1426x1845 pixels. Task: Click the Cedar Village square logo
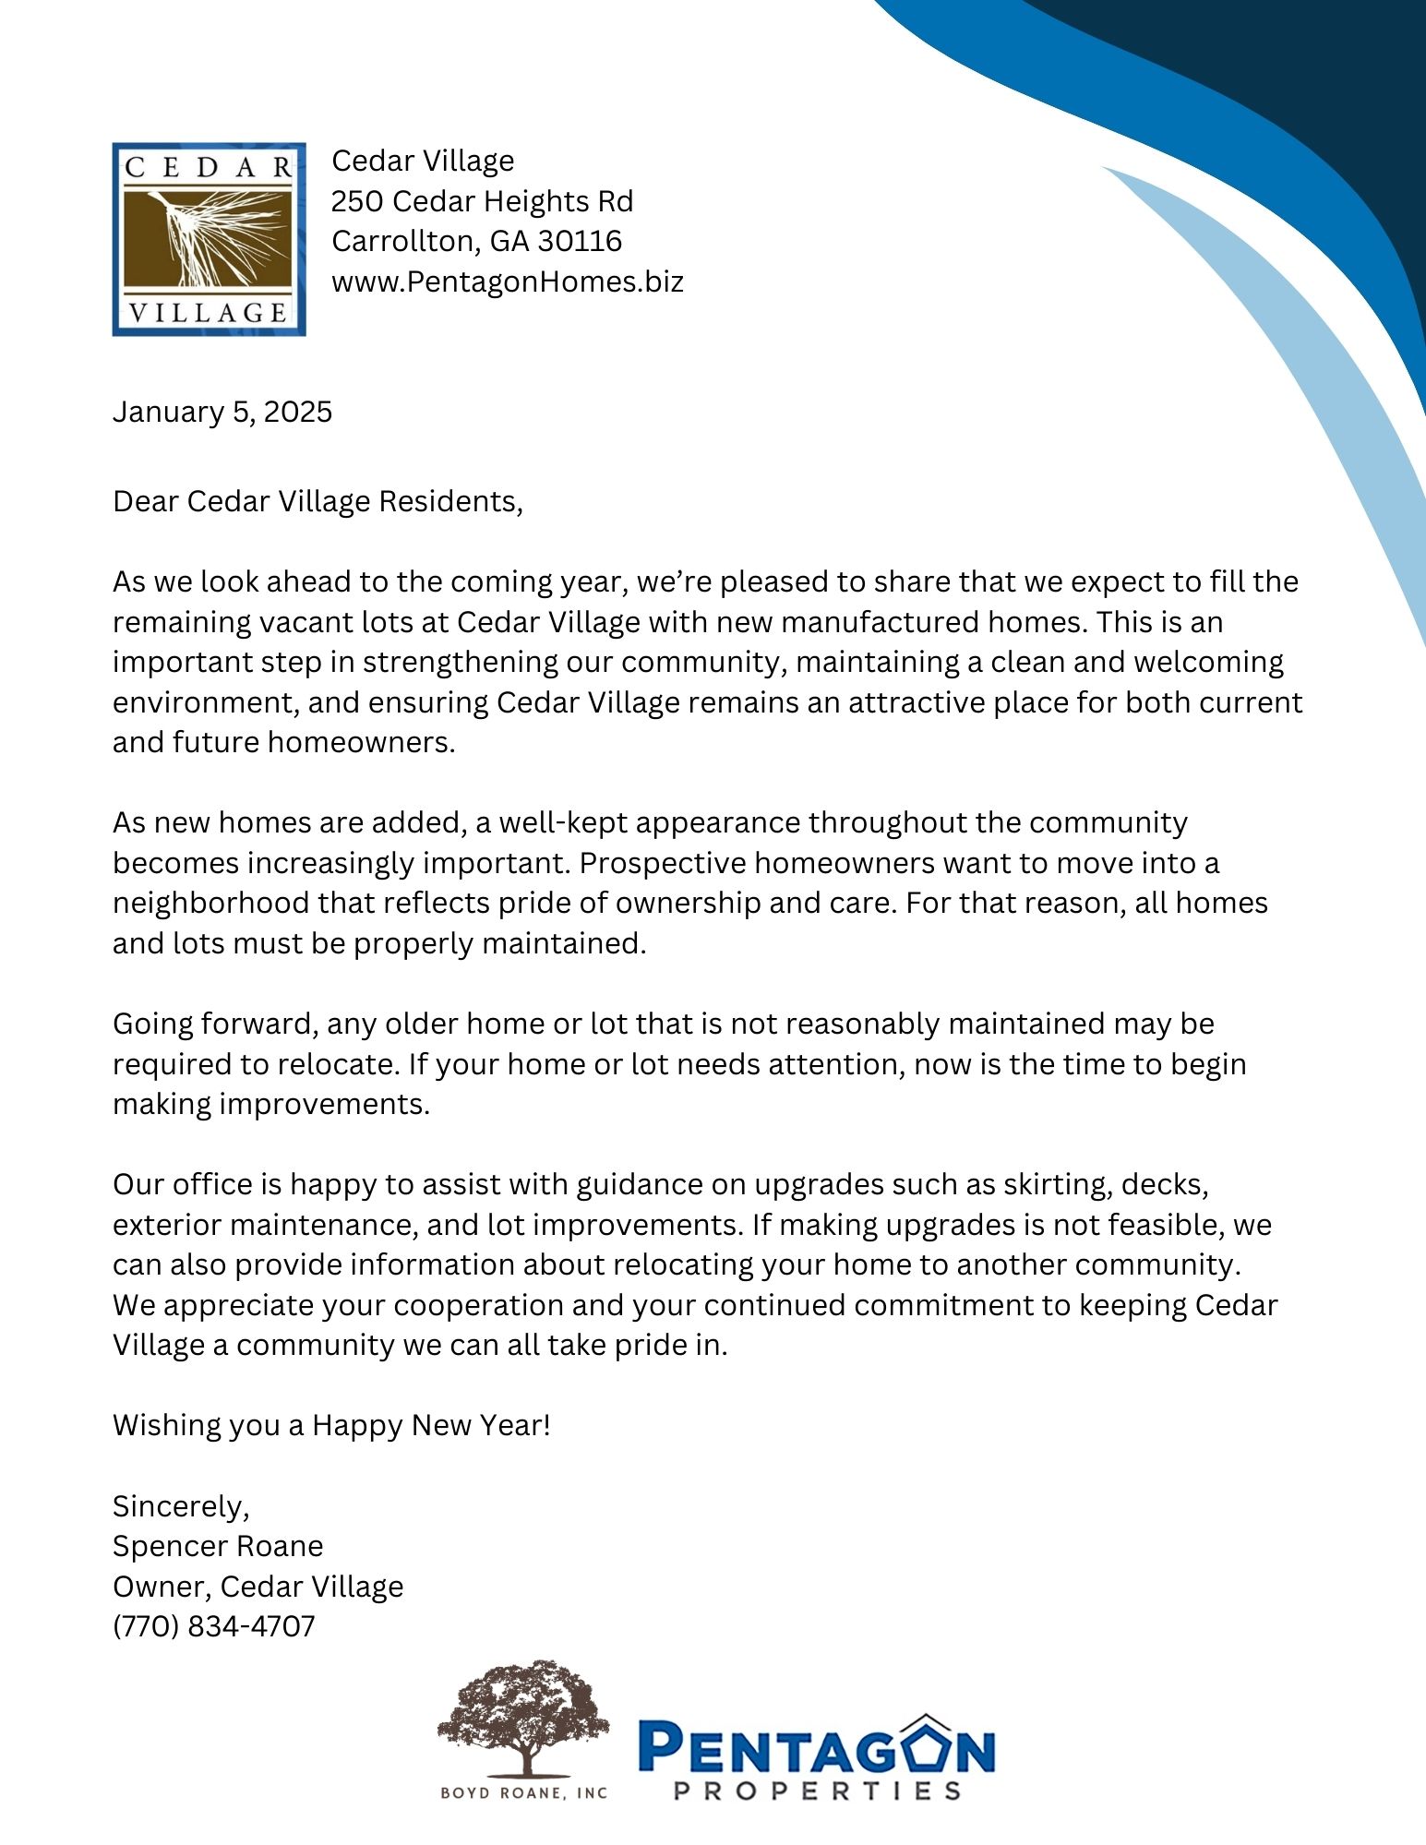(209, 239)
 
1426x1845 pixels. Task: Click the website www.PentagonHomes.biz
(507, 282)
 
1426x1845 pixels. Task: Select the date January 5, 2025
(222, 412)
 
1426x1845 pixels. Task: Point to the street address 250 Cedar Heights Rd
(482, 201)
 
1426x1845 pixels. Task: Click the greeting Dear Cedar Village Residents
(318, 501)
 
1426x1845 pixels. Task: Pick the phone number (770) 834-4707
(213, 1625)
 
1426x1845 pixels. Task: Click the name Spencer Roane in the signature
(218, 1545)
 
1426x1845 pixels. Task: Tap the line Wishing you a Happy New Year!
(331, 1424)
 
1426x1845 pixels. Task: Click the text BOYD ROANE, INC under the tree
(523, 1792)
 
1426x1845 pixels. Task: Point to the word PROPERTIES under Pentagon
(817, 1791)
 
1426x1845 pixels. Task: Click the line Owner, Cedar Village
(258, 1586)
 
